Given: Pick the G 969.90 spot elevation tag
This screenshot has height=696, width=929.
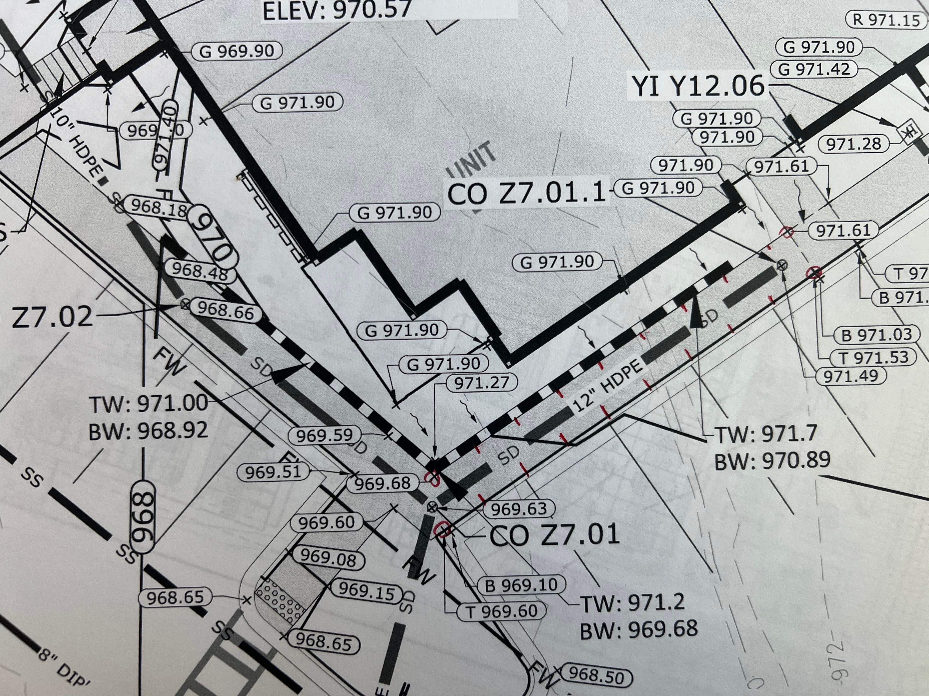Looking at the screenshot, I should tap(236, 51).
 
